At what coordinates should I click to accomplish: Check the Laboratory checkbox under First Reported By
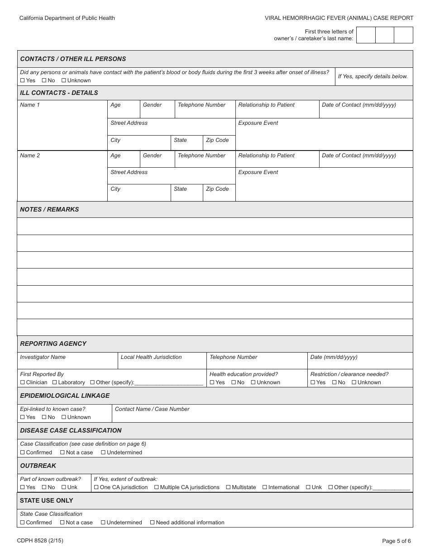pyautogui.click(x=55, y=382)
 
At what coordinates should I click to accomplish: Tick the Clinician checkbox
pyautogui.click(x=23, y=382)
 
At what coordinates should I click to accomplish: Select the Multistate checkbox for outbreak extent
pyautogui.click(x=228, y=487)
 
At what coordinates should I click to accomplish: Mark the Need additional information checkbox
pyautogui.click(x=153, y=523)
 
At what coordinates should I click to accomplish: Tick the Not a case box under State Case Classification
pyautogui.click(x=62, y=523)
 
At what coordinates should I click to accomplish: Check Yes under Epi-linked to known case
pyautogui.click(x=23, y=417)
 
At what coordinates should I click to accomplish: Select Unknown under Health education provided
pyautogui.click(x=253, y=382)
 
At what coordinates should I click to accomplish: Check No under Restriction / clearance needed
pyautogui.click(x=334, y=382)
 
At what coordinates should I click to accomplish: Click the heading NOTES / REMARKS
pyautogui.click(x=49, y=209)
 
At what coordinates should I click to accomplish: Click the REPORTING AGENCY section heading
pyautogui.click(x=53, y=344)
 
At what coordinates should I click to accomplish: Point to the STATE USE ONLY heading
pyautogui.click(x=46, y=500)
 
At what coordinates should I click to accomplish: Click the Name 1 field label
pyautogui.click(x=30, y=105)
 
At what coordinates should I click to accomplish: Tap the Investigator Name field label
pyautogui.click(x=43, y=357)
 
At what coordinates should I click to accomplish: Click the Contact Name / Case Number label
pyautogui.click(x=152, y=409)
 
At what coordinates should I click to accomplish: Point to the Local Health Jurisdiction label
pyautogui.click(x=151, y=357)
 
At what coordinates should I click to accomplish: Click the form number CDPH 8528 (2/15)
pyautogui.click(x=38, y=540)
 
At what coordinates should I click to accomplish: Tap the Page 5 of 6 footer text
pyautogui.click(x=397, y=541)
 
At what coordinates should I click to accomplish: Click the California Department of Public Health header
pyautogui.click(x=67, y=18)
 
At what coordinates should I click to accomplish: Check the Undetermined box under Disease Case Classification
pyautogui.click(x=103, y=452)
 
